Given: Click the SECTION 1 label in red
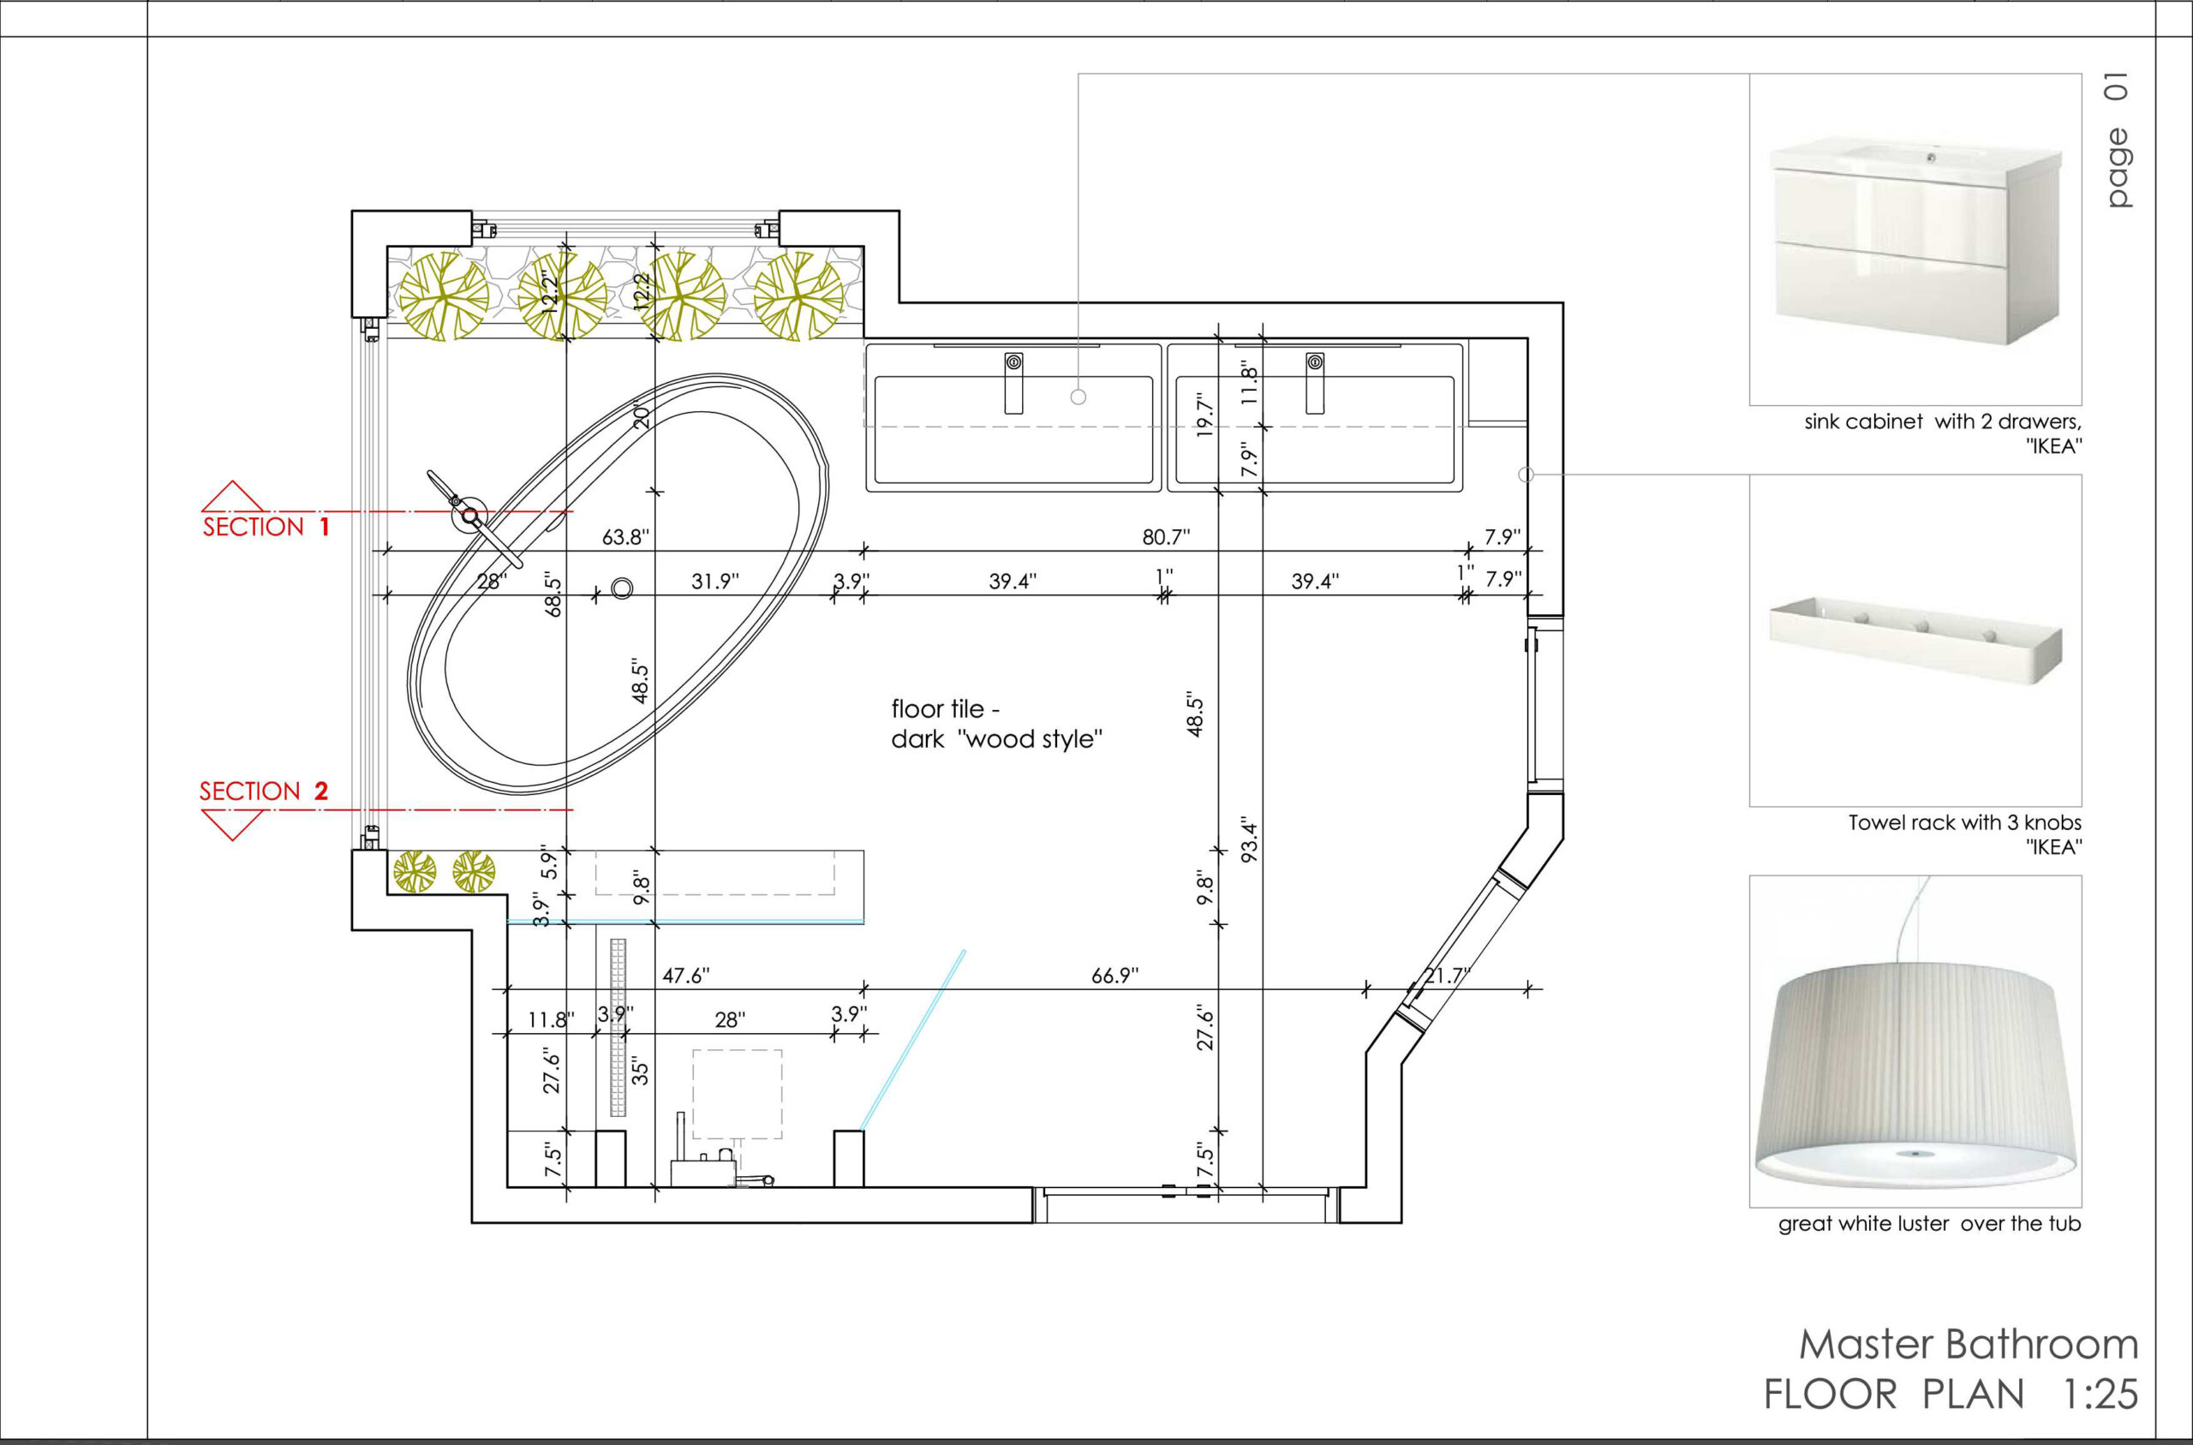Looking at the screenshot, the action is coord(266,527).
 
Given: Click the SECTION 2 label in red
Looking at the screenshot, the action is coord(264,791).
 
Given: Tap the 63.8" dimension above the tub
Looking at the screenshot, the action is coord(626,536).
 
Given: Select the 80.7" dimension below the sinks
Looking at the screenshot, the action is coord(1167,536).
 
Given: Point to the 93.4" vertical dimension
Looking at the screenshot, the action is coord(1251,839).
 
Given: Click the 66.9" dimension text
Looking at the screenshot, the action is coord(1115,975).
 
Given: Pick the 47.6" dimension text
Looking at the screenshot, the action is coord(686,975).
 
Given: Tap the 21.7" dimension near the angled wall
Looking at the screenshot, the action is coord(1448,975).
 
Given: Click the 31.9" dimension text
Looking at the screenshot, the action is coord(716,581).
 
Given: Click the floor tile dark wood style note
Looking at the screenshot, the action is coord(997,724).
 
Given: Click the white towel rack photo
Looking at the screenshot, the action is coord(1915,642).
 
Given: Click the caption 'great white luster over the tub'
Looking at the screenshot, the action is coord(1929,1224).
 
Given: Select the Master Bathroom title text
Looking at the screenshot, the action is coord(1969,1345).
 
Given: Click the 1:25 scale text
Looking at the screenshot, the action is coord(2100,1394).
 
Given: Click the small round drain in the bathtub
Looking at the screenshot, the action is coord(622,588).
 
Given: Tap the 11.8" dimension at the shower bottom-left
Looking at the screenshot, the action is coord(551,1019).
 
